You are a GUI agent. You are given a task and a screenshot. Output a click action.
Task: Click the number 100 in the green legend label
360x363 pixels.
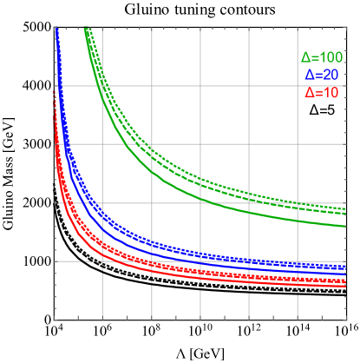point(332,58)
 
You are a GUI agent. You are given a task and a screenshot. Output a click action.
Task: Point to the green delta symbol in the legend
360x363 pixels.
point(306,58)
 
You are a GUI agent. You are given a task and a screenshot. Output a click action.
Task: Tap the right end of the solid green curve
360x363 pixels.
point(346,227)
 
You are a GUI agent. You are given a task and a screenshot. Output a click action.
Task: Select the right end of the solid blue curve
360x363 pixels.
point(346,274)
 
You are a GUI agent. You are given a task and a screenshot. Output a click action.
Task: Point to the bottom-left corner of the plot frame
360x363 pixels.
point(56,320)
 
